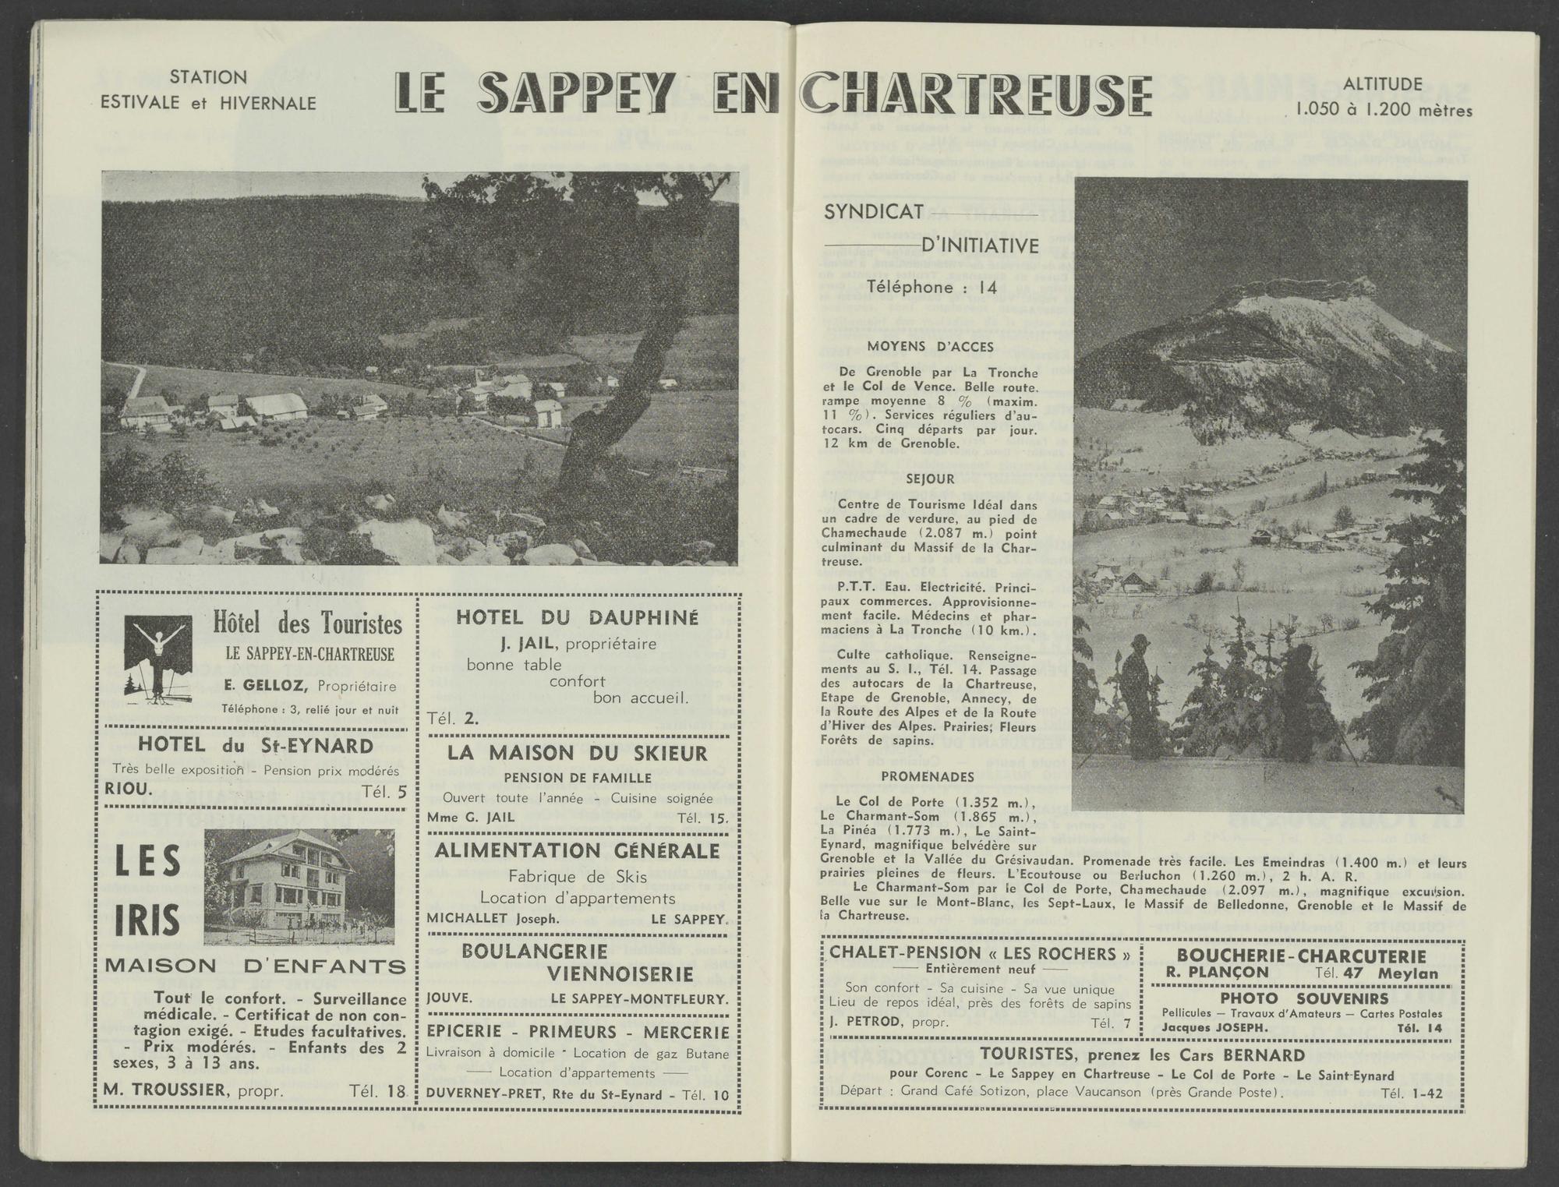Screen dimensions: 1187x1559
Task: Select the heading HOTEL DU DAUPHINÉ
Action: coord(577,617)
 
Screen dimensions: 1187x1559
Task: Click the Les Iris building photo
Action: coord(299,887)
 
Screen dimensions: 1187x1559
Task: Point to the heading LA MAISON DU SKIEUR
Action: coord(577,753)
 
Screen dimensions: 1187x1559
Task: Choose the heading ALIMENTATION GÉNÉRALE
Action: coord(577,850)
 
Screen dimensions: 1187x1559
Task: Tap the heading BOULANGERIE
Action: coord(535,952)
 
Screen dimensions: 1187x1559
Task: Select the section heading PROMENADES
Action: coord(928,776)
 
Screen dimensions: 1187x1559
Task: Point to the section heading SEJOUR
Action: coord(929,479)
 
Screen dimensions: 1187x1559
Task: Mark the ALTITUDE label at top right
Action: coord(1383,84)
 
